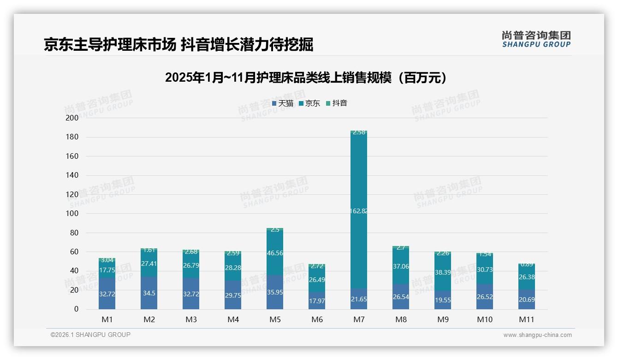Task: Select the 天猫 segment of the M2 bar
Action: pos(149,293)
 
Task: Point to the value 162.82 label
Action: pos(359,211)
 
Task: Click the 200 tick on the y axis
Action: pos(72,118)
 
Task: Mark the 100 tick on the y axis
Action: pos(72,214)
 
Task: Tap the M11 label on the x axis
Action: pos(526,319)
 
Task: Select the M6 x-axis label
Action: pos(317,319)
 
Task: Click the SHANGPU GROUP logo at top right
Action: pos(536,39)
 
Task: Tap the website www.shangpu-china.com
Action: pos(537,335)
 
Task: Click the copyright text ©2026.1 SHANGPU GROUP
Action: pos(90,335)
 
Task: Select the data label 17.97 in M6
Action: pos(317,301)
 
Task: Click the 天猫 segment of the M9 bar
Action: pos(443,300)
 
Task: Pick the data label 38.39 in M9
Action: pos(443,272)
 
